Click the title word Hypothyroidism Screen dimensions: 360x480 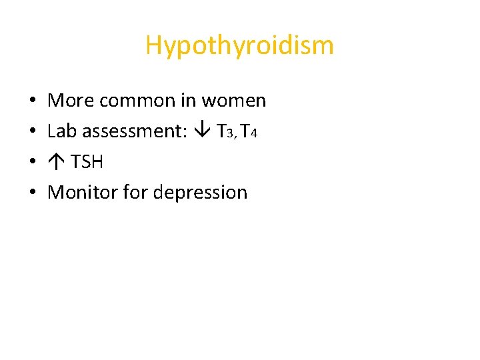coord(239,46)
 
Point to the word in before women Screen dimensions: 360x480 coord(188,101)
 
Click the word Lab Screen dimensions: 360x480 coord(63,131)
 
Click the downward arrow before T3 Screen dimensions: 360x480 coord(203,131)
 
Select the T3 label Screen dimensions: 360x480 coord(224,131)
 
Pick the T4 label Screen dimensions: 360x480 coord(249,131)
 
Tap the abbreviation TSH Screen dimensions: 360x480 coord(87,162)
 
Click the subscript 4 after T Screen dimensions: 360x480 coord(253,133)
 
